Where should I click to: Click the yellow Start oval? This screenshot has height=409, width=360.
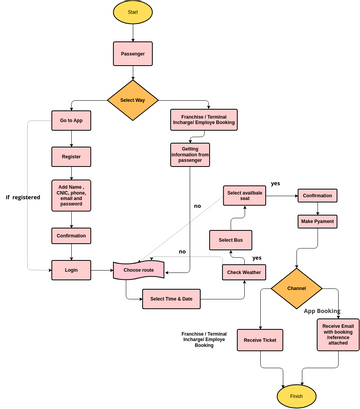click(132, 12)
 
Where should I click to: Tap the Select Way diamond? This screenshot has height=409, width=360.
click(132, 100)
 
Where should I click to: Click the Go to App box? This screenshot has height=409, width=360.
click(71, 120)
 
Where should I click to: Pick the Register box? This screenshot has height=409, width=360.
click(71, 156)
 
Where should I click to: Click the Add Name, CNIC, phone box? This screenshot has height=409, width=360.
click(71, 195)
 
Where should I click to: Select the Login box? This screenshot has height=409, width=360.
click(71, 269)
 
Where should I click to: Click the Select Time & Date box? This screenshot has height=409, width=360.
click(173, 298)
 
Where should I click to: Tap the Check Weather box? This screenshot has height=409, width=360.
click(244, 272)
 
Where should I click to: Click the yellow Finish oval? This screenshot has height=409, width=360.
click(297, 395)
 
